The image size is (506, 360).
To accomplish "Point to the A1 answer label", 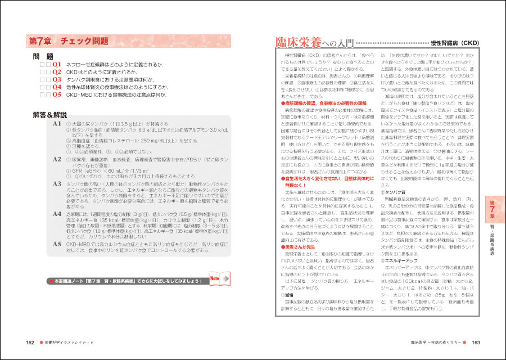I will (x=56, y=123).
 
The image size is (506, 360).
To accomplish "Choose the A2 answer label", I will (x=56, y=159).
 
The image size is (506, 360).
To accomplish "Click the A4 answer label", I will (x=56, y=214).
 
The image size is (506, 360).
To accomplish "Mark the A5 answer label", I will (x=56, y=244).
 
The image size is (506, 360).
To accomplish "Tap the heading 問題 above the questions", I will (x=43, y=56).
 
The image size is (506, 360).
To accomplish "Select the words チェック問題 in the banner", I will (x=85, y=42).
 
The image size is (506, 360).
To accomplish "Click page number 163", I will (x=475, y=341).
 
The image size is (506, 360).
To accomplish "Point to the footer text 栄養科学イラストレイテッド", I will (x=70, y=341).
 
